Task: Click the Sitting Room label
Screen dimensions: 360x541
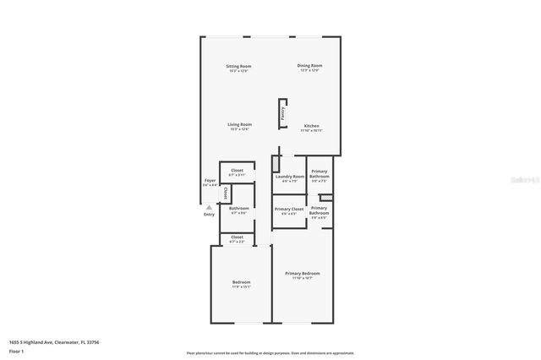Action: (x=238, y=66)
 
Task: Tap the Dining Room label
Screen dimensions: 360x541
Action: (x=309, y=65)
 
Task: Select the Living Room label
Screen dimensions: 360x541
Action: (x=239, y=125)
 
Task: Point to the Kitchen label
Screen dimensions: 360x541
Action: (x=312, y=126)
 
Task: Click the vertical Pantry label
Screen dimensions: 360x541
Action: (x=282, y=114)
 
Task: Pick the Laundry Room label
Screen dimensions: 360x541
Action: (x=289, y=177)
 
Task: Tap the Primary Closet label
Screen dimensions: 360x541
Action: (x=288, y=209)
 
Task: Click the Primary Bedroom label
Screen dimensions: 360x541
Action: (x=302, y=274)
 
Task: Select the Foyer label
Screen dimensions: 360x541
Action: (x=209, y=181)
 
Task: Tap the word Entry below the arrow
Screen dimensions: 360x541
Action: (x=209, y=214)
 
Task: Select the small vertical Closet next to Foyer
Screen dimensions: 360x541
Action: (x=225, y=193)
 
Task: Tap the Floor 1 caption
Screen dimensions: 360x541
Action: (x=16, y=350)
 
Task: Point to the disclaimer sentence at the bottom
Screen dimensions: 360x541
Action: (x=270, y=352)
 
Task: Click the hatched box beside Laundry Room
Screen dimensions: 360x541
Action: (x=276, y=164)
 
